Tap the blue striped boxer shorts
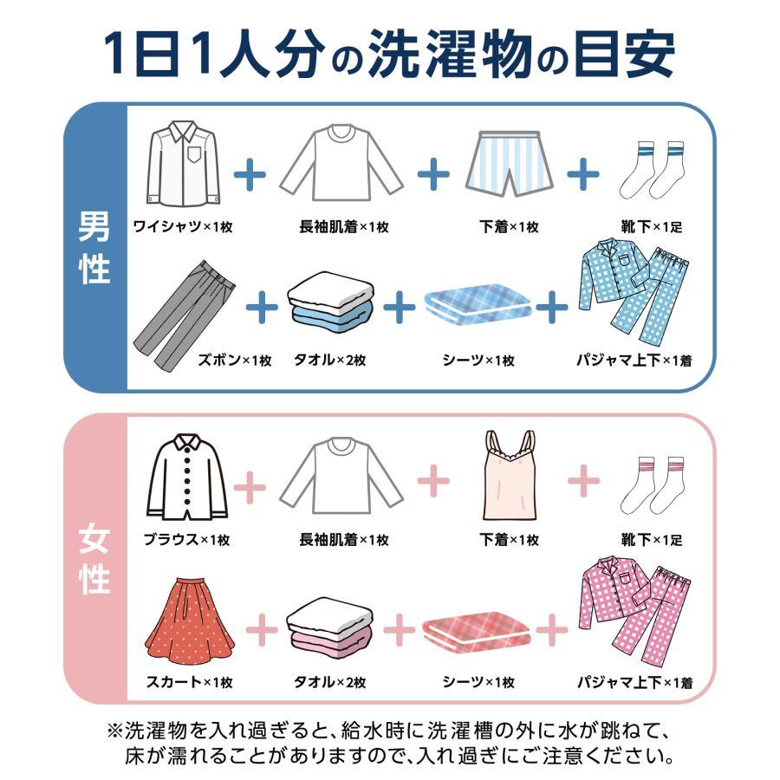click(508, 164)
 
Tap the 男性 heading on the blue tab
click(94, 250)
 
